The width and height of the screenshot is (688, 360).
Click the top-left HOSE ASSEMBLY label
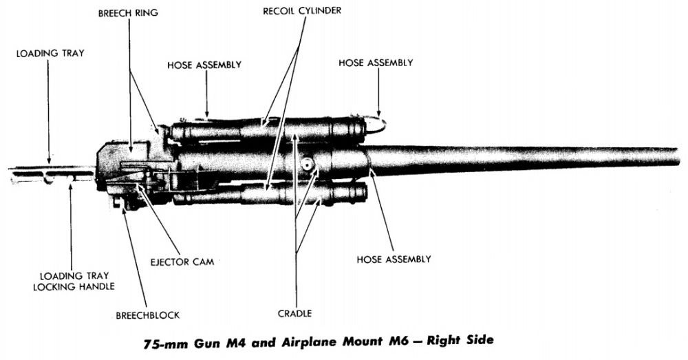point(204,65)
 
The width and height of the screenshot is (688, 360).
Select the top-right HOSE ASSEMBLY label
point(376,63)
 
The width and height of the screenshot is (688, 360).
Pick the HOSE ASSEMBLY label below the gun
point(394,259)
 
